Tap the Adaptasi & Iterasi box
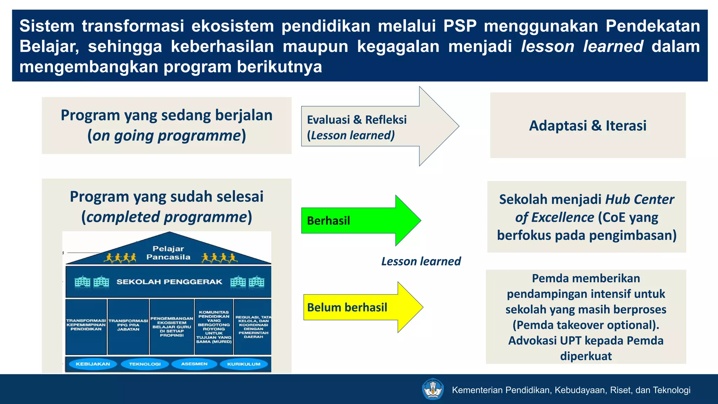point(588,126)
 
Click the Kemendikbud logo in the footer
point(433,389)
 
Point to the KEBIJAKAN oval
point(93,364)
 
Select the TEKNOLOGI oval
point(145,364)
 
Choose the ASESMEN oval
point(194,364)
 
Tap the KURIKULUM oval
point(244,364)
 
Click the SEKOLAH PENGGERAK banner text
point(169,282)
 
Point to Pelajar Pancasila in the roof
point(168,253)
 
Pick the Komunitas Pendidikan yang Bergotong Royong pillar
point(214,326)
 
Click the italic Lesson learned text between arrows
point(421,262)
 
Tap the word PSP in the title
point(460,26)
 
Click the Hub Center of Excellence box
point(587,217)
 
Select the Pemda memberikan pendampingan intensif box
point(586,317)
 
